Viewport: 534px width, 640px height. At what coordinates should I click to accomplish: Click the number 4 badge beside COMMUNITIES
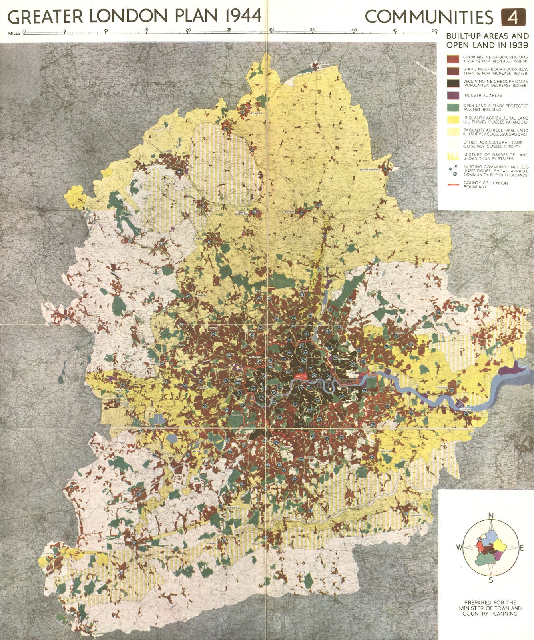[512, 17]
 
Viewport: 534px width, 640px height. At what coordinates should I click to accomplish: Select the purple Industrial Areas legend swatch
[453, 95]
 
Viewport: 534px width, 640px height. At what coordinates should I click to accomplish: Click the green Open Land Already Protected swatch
[453, 108]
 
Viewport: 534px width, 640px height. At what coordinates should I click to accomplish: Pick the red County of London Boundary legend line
[453, 185]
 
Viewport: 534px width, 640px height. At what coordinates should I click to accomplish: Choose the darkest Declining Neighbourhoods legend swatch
[453, 83]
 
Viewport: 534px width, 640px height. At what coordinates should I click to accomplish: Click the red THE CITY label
[301, 376]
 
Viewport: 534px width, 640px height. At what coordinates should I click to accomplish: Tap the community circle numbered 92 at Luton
[179, 172]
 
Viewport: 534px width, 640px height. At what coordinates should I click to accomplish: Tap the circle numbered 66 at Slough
[122, 385]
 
